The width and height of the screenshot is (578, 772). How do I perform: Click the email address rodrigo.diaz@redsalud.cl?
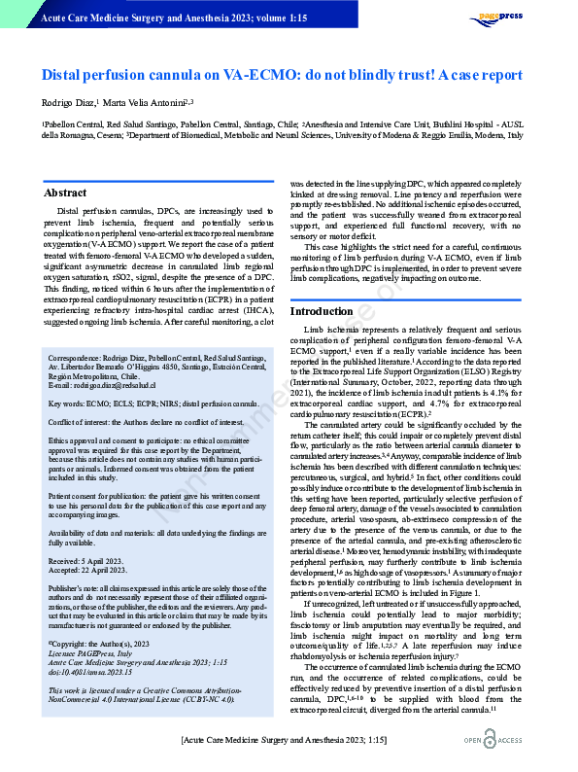[x=107, y=386]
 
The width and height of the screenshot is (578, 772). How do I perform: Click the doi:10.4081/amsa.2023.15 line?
[x=90, y=645]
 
